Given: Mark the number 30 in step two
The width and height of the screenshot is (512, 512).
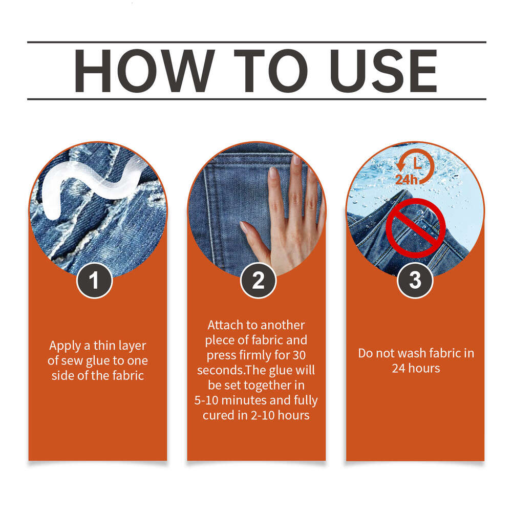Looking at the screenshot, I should click(x=298, y=355).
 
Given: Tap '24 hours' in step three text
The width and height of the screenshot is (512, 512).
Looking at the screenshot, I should click(x=416, y=368).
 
